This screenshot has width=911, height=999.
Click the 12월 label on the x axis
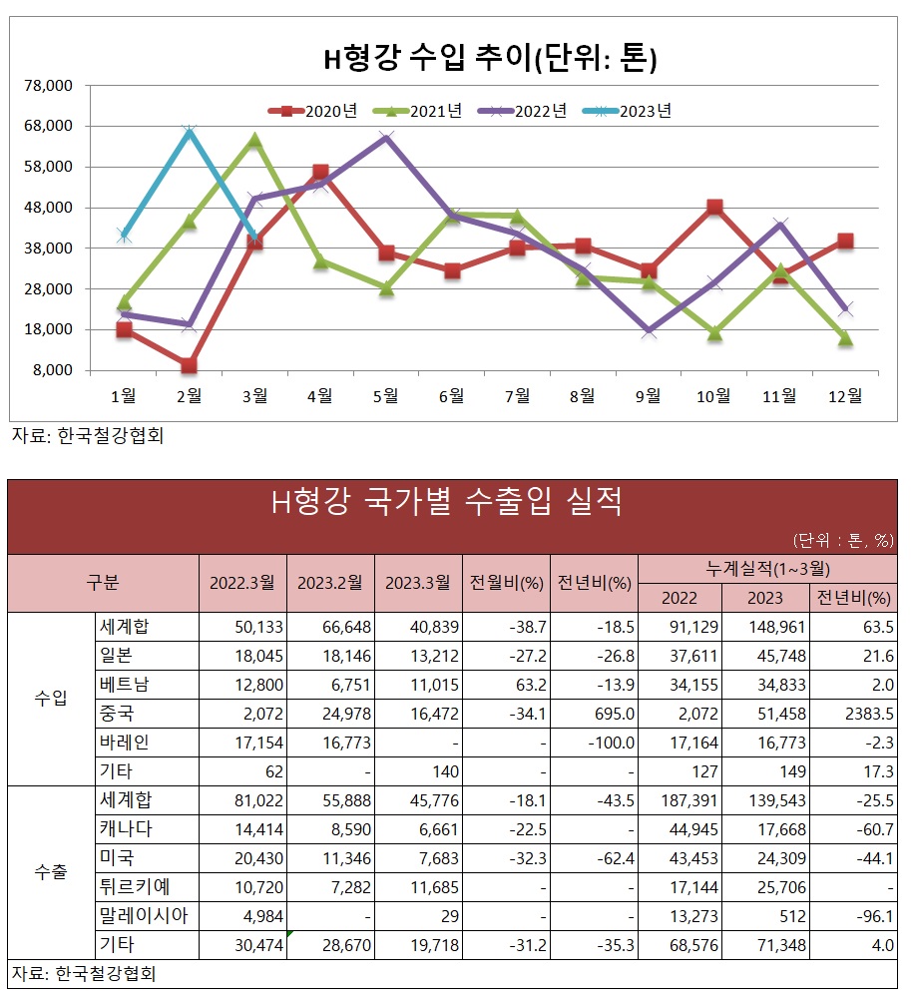pos(844,396)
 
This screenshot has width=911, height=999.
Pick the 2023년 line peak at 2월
pos(189,131)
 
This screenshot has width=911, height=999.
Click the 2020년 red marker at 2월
pos(189,365)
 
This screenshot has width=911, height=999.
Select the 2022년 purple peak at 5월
pos(386,138)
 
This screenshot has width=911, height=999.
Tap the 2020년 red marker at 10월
pos(714,208)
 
